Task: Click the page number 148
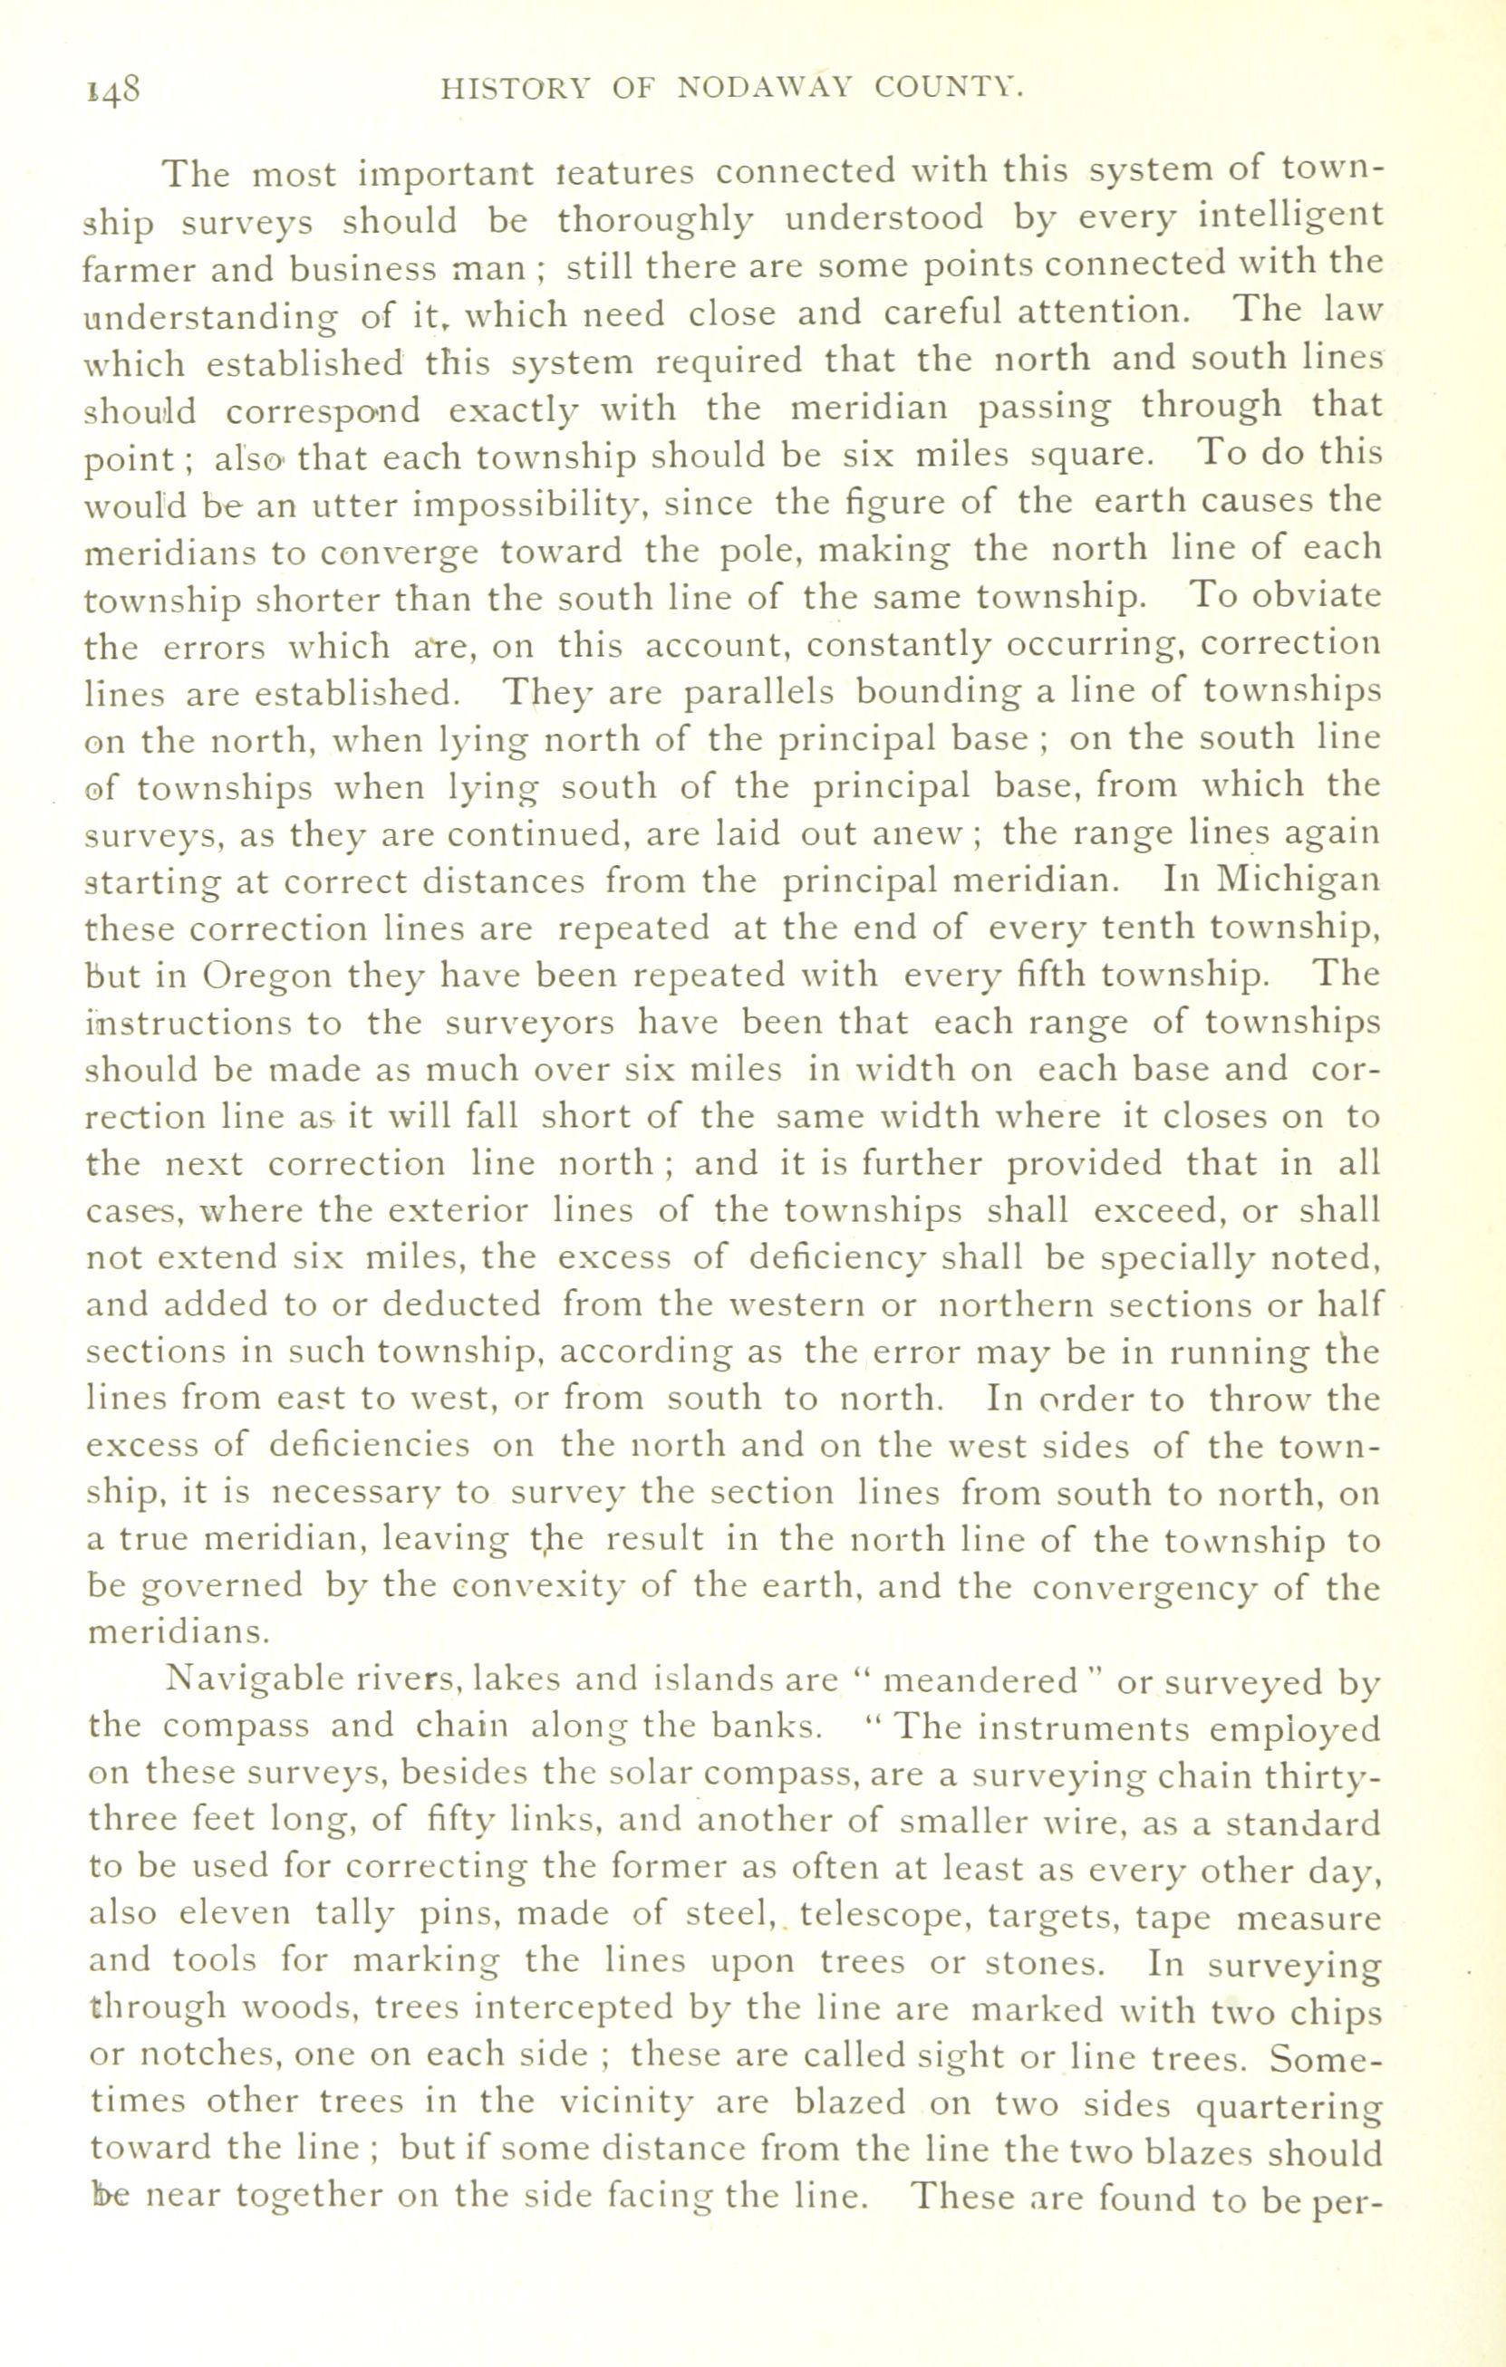tap(115, 91)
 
